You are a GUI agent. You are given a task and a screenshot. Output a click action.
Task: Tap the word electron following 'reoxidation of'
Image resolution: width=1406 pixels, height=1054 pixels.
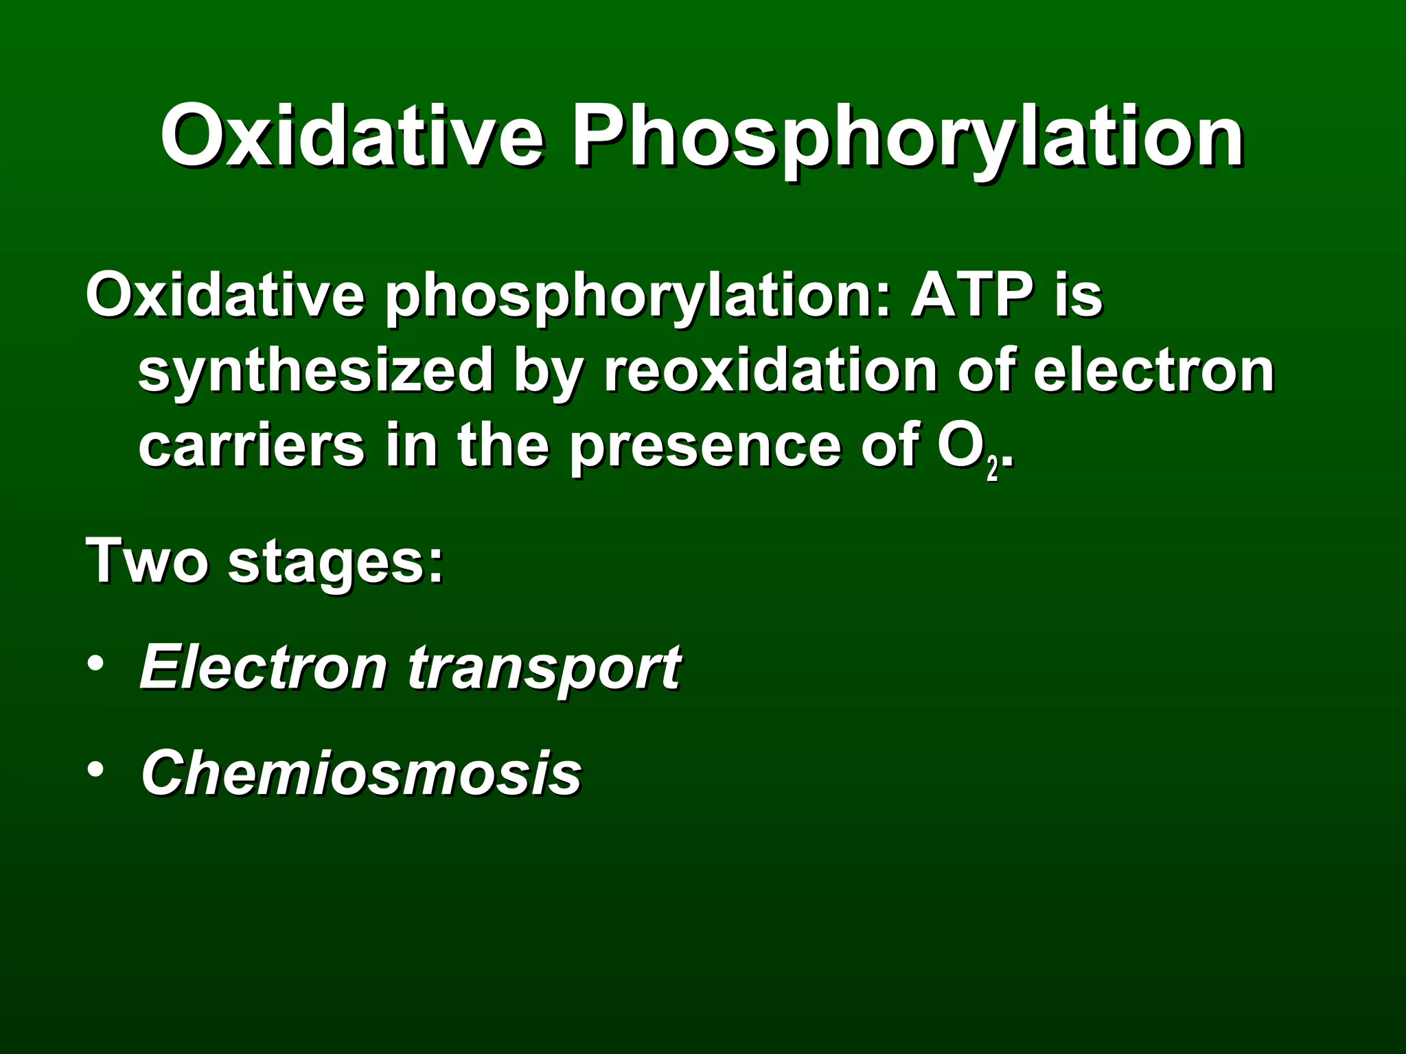pos(1153,371)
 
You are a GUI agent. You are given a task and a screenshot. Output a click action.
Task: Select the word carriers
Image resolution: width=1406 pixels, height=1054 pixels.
pos(251,446)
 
